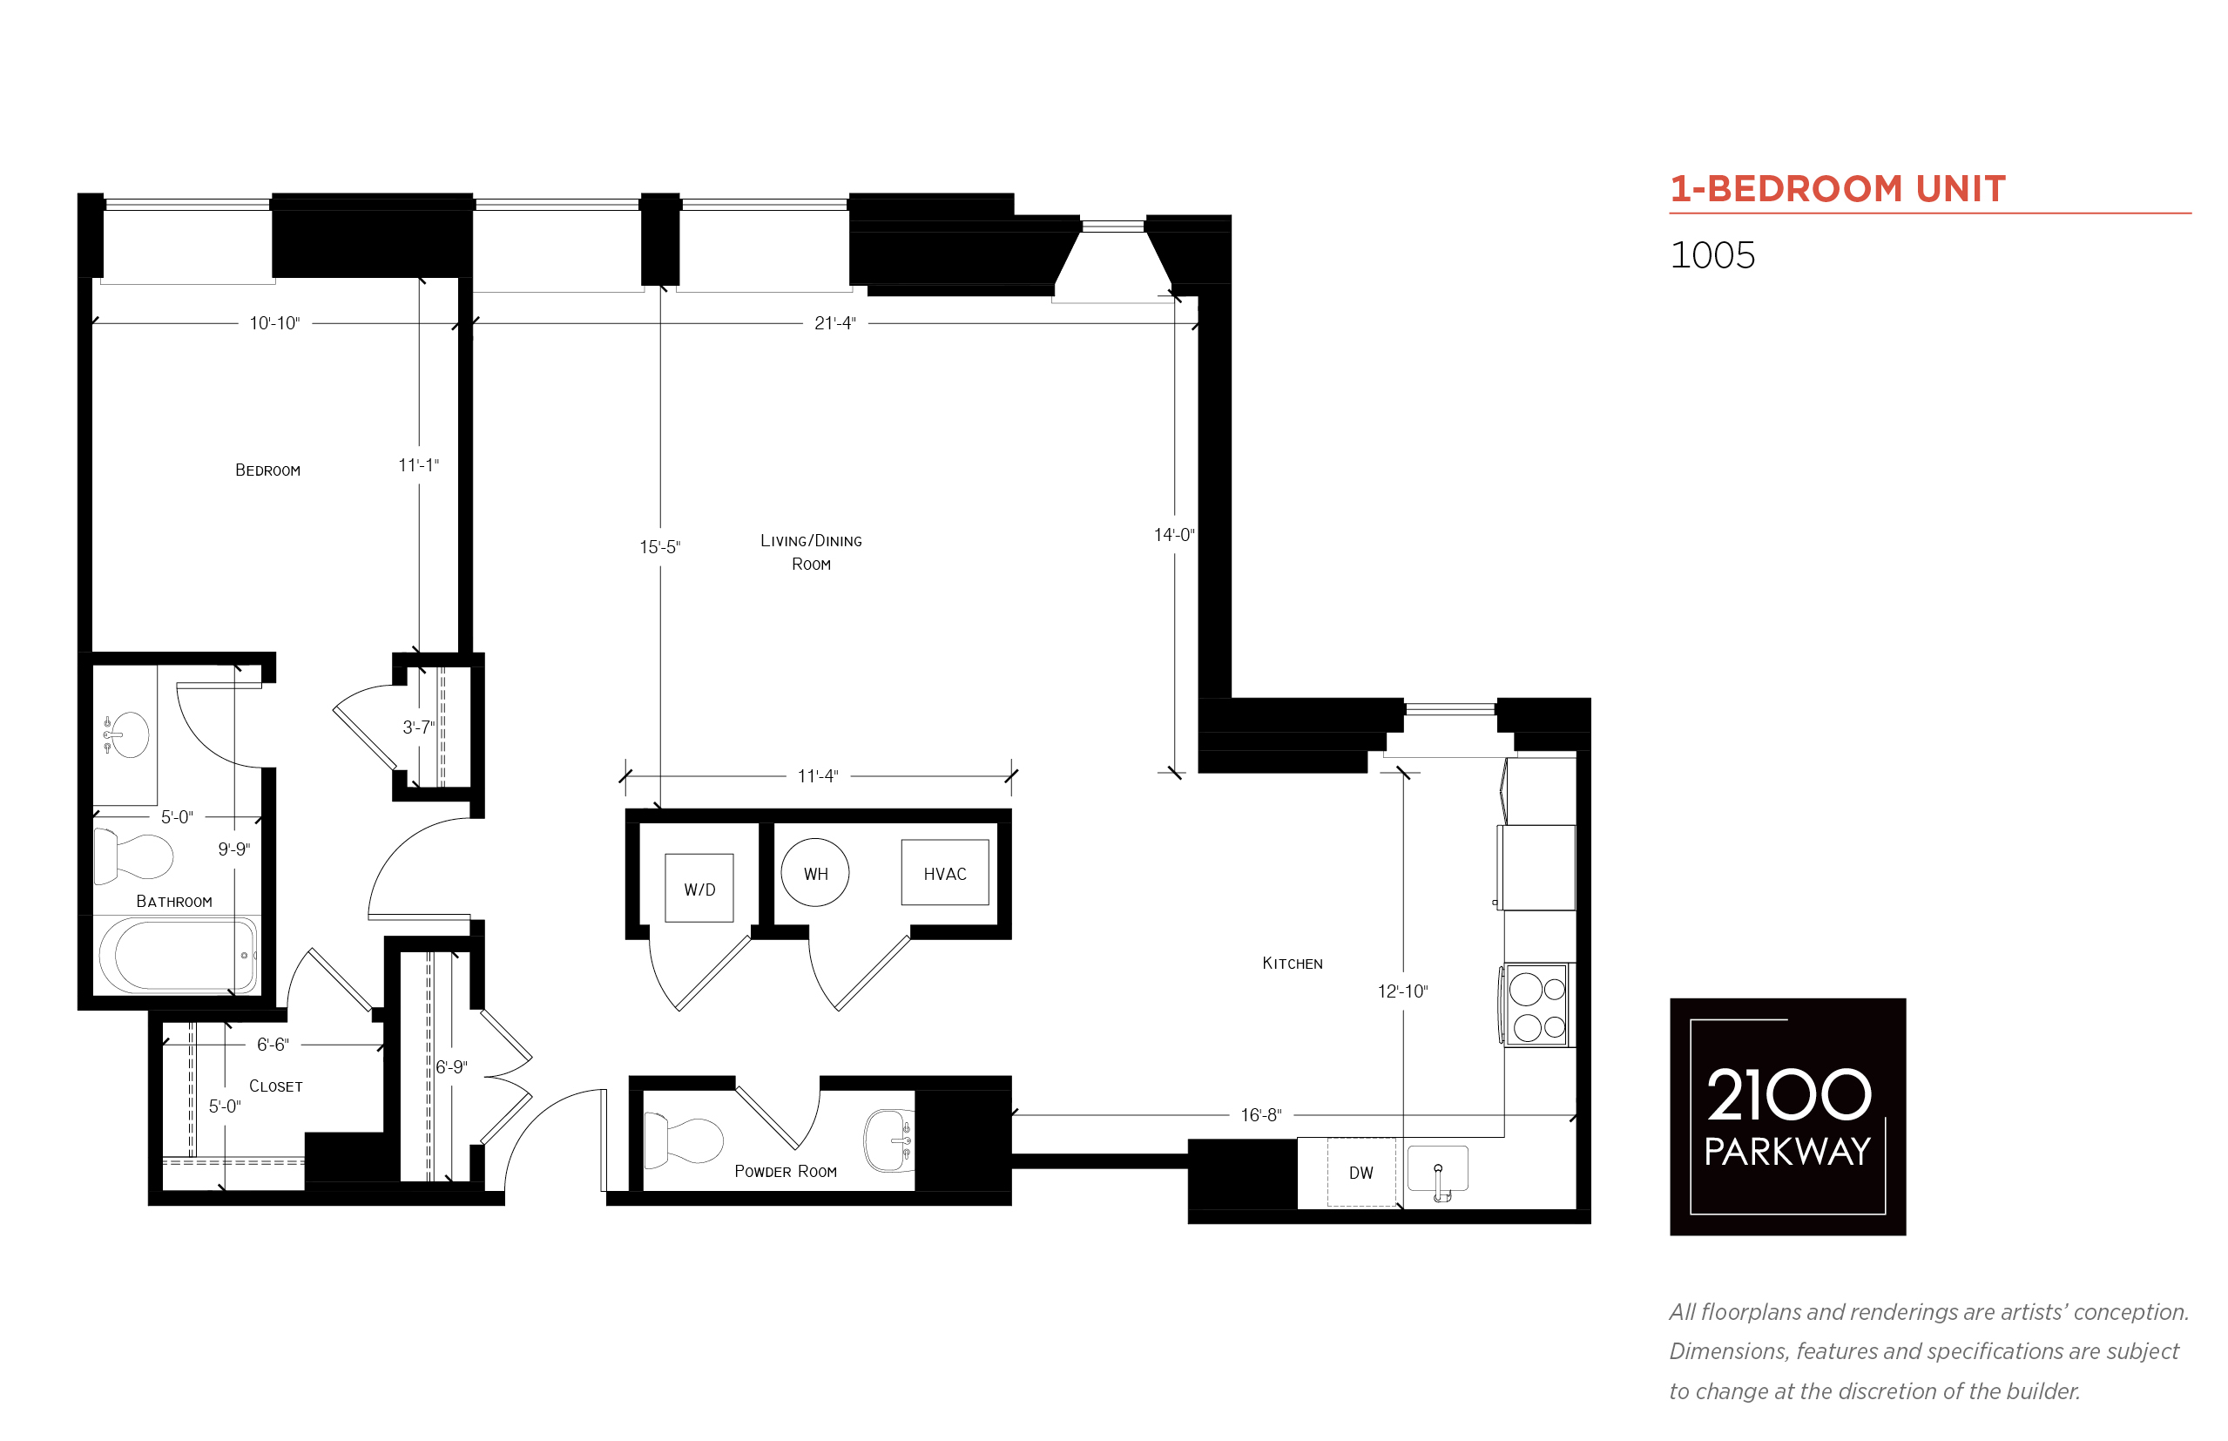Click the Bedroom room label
click(267, 470)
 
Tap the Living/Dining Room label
click(811, 552)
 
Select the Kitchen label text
click(1292, 964)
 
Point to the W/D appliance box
click(699, 888)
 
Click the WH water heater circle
click(814, 873)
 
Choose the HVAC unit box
click(945, 872)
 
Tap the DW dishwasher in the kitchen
click(1361, 1173)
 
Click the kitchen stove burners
click(1536, 1005)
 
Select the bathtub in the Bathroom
click(178, 956)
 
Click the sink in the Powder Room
click(888, 1140)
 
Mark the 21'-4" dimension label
click(834, 323)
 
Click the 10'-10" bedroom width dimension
click(274, 323)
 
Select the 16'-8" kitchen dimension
click(1261, 1115)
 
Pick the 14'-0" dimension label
click(1174, 534)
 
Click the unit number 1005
click(1712, 255)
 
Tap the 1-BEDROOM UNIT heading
click(1837, 189)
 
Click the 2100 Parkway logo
click(1787, 1117)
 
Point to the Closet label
click(275, 1086)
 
